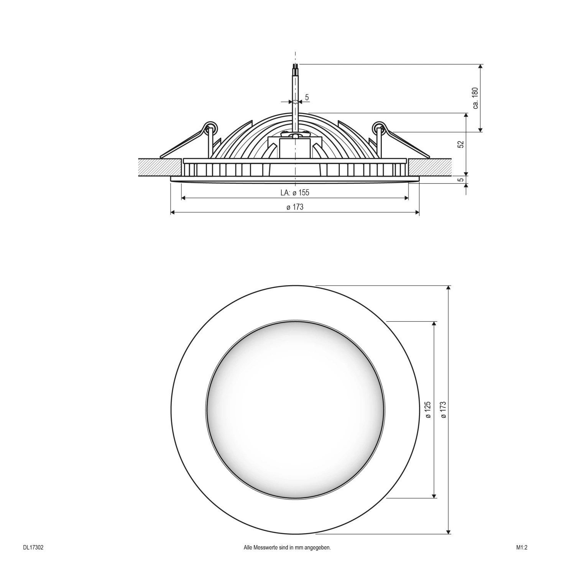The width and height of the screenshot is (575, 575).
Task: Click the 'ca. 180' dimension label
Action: click(475, 98)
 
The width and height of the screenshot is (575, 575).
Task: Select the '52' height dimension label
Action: click(461, 144)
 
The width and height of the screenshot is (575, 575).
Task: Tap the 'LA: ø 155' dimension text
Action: click(294, 193)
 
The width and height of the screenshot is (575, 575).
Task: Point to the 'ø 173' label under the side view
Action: click(294, 207)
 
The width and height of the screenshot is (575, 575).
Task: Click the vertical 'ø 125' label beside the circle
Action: click(428, 410)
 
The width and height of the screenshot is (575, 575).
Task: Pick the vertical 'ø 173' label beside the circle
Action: click(443, 410)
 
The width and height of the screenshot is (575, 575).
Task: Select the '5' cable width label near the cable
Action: click(307, 97)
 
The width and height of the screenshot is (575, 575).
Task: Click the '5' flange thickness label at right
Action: click(461, 179)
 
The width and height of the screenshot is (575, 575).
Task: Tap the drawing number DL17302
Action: click(33, 548)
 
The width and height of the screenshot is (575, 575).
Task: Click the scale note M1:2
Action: click(522, 548)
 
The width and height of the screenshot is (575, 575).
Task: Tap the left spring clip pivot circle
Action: click(210, 128)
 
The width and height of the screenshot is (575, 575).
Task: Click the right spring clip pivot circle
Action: click(379, 128)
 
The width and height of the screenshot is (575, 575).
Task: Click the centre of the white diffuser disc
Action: click(295, 410)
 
